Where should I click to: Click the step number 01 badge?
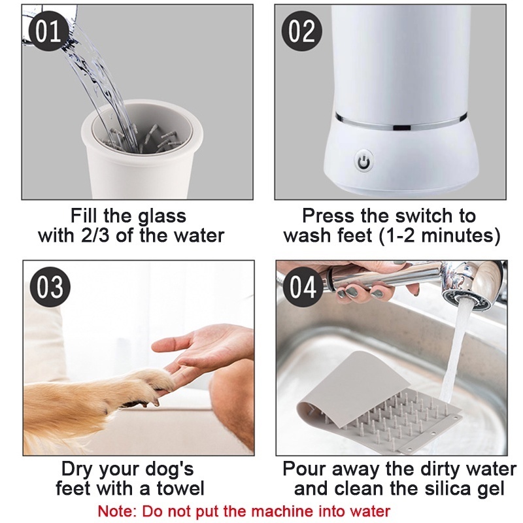(x=49, y=31)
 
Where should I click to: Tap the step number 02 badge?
(x=302, y=31)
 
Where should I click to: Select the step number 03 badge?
(x=50, y=287)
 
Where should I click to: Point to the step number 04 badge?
(x=303, y=287)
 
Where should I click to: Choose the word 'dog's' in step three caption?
(x=170, y=469)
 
